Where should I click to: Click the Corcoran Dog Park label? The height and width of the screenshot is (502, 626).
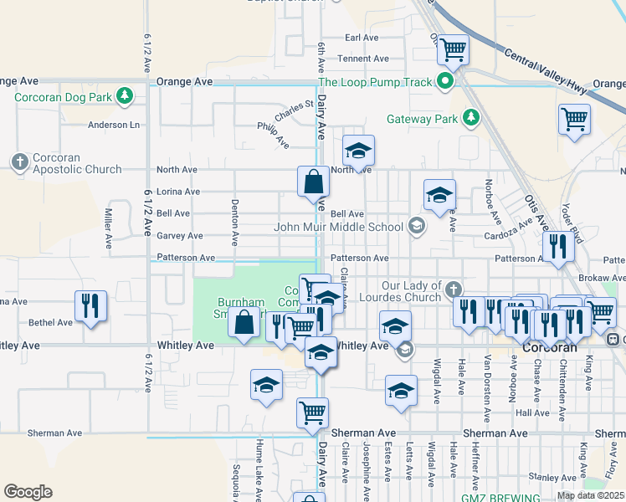64,97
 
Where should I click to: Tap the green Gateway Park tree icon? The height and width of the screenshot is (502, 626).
471,118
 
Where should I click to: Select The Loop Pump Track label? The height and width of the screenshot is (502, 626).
375,82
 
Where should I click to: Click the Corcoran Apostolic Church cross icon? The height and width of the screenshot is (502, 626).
18,160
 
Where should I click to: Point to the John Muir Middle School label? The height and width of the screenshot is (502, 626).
343,227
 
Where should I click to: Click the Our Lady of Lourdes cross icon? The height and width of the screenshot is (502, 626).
453,289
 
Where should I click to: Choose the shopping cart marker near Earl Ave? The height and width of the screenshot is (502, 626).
453,49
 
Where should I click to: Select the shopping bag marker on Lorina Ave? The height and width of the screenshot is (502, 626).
313,182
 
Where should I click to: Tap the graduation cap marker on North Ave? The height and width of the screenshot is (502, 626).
358,151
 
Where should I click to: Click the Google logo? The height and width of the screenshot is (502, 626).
28,491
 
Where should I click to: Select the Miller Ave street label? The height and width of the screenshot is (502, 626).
109,230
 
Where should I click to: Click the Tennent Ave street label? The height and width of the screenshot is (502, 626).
363,59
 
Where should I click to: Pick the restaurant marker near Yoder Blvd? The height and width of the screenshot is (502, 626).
557,245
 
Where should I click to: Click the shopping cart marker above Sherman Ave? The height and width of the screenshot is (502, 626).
312,412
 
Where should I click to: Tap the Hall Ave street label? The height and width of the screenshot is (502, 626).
532,413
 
